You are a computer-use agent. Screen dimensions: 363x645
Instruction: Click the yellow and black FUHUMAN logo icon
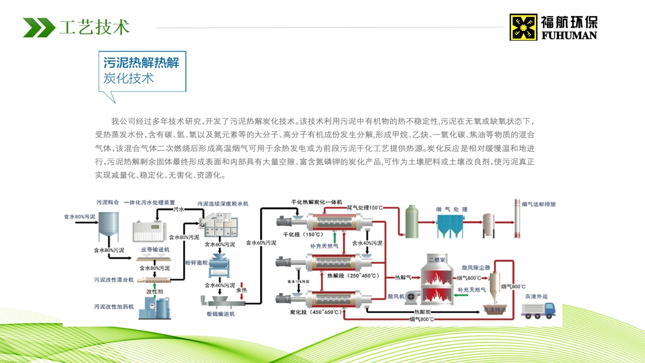pyautogui.click(x=523, y=27)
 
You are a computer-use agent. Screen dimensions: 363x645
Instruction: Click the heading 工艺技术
pyautogui.click(x=94, y=27)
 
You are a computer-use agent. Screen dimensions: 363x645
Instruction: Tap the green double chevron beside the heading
pyautogui.click(x=39, y=27)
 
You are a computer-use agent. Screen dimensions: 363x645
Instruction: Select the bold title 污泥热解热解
pyautogui.click(x=141, y=63)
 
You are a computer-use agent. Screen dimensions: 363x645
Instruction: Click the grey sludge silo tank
pyautogui.click(x=108, y=227)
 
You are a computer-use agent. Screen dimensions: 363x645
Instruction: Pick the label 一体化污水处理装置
pyautogui.click(x=150, y=203)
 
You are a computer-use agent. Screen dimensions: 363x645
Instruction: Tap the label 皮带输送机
pyautogui.click(x=155, y=250)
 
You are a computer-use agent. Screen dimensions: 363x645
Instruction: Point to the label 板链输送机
pyautogui.click(x=221, y=314)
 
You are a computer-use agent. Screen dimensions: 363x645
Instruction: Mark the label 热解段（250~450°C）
pyautogui.click(x=353, y=275)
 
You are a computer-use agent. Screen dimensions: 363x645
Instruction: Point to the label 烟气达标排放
pyautogui.click(x=538, y=204)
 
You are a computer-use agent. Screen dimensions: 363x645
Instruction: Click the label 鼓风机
pyautogui.click(x=396, y=297)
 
